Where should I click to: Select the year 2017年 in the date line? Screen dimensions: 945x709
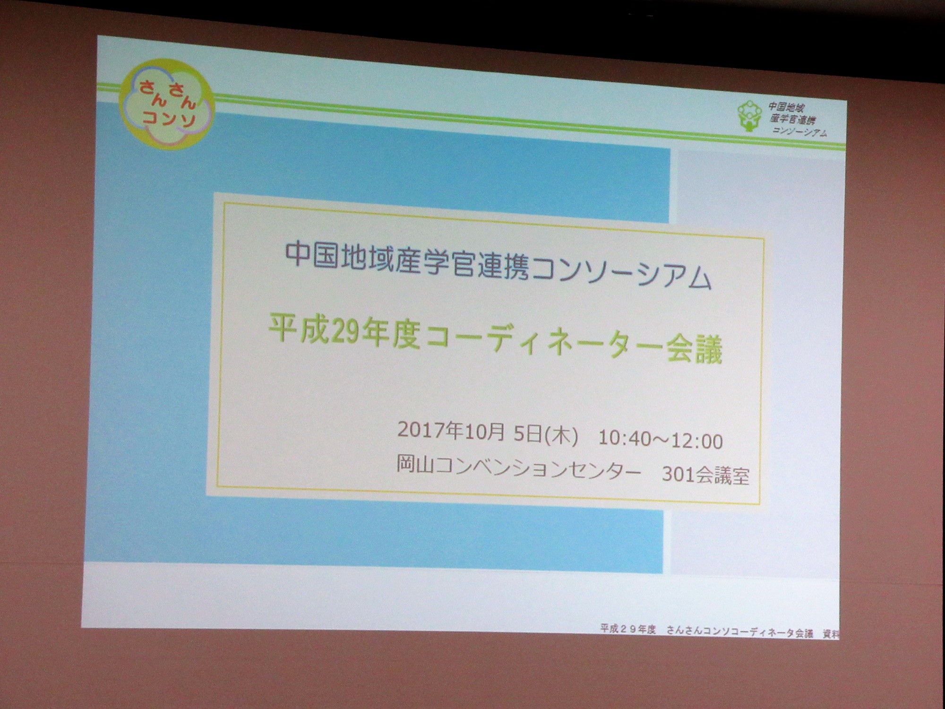pyautogui.click(x=430, y=430)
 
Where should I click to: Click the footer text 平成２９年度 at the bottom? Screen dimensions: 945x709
pyautogui.click(x=628, y=629)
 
